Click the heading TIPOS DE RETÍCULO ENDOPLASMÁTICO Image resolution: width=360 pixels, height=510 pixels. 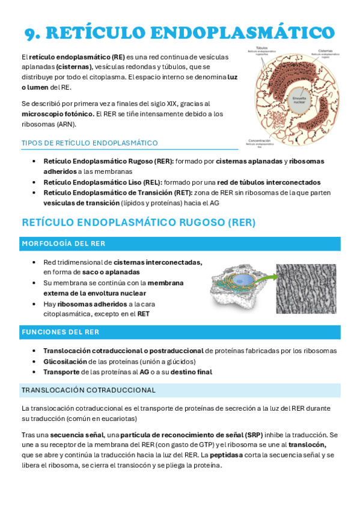pyautogui.click(x=90, y=143)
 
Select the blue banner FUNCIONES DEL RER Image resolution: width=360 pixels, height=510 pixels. pyautogui.click(x=61, y=332)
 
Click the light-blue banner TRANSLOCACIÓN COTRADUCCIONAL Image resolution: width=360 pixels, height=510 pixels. pyautogui.click(x=88, y=390)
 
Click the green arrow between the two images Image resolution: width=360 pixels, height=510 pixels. pyautogui.click(x=264, y=278)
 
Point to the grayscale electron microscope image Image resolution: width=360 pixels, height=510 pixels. pyautogui.click(x=306, y=288)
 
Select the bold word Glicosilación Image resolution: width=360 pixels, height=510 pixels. pyautogui.click(x=65, y=361)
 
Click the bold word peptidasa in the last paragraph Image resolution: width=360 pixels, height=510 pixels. pyautogui.click(x=228, y=455)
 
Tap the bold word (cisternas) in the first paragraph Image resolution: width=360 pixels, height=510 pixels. pyautogui.click(x=75, y=67)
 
